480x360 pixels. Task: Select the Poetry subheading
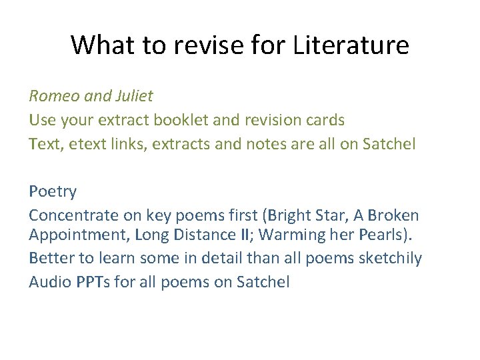click(53, 192)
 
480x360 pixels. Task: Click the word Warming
click(280, 235)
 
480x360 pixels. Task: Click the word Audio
click(49, 282)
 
